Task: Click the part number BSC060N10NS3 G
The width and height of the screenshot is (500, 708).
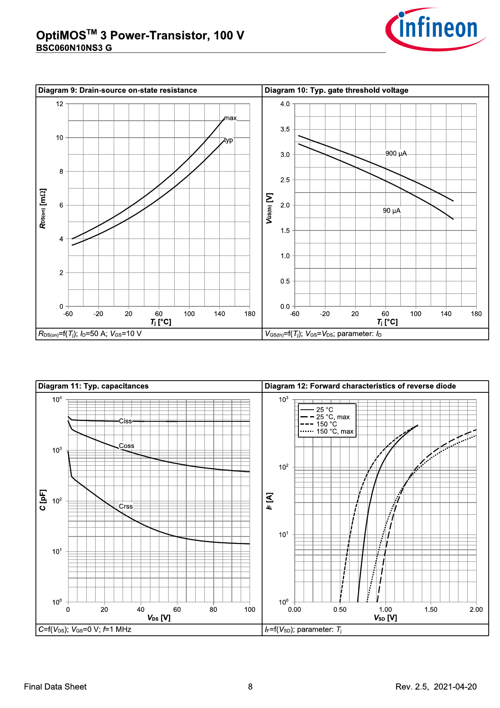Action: coord(74,48)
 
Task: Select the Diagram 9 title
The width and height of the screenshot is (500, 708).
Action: coord(117,90)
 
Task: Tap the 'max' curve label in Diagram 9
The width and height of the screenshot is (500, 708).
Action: coord(230,118)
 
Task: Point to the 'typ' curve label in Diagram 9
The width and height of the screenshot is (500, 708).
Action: coord(229,140)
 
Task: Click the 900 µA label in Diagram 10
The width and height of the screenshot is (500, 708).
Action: coord(396,153)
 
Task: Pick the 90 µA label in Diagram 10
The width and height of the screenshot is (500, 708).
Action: coord(392,211)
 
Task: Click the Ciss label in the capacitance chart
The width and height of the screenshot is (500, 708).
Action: coord(125,421)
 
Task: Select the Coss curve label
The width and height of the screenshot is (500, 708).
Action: coord(126,446)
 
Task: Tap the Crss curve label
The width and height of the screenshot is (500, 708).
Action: coord(125,506)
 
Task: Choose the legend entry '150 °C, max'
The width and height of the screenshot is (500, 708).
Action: coord(335,432)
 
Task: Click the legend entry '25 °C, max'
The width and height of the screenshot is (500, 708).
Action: coord(333,417)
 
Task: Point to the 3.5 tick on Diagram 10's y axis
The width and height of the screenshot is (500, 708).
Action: coord(285,129)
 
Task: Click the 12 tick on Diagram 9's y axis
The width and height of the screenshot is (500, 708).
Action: coord(60,104)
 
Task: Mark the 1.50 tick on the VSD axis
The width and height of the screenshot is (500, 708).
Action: coord(431,610)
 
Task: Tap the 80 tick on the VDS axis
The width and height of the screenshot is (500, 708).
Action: coord(213,610)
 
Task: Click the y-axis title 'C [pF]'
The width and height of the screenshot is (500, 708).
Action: coord(43,500)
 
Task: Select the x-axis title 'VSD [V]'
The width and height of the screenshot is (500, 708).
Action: coord(385,618)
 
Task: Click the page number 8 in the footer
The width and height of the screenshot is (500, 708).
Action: coord(250,687)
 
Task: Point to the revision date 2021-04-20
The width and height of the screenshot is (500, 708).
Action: coord(455,687)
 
